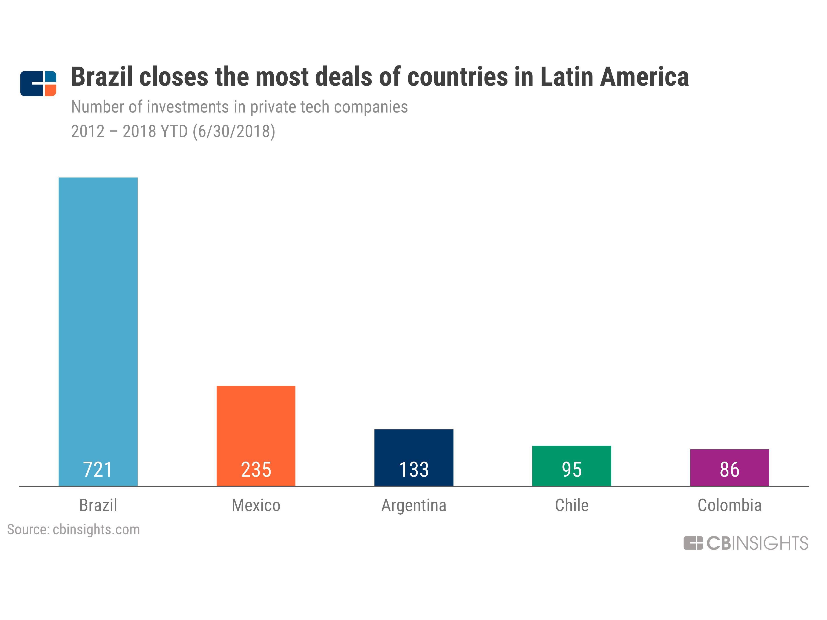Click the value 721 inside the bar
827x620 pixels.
tap(98, 470)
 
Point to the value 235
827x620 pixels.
tap(256, 470)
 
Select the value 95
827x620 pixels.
tap(571, 470)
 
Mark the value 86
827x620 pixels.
tap(729, 470)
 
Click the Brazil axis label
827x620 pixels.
tap(98, 505)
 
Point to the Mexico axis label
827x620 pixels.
tap(256, 505)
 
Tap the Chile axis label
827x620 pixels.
tap(571, 505)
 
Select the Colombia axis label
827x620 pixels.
tap(729, 505)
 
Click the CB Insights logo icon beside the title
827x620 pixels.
tap(38, 83)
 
